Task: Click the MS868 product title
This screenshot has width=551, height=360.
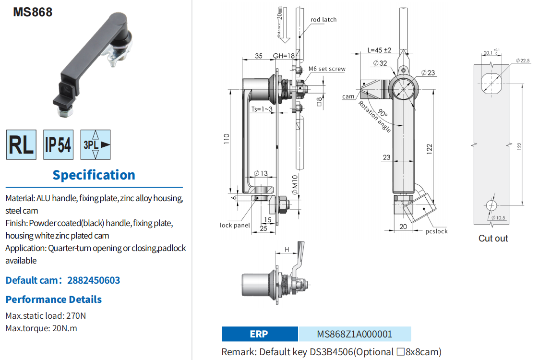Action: [33, 12]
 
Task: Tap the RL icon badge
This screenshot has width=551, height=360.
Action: [21, 144]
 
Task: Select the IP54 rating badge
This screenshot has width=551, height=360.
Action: [58, 144]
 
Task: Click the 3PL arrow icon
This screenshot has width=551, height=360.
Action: [96, 144]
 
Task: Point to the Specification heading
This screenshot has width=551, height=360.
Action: [94, 175]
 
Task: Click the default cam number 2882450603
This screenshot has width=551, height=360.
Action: [94, 280]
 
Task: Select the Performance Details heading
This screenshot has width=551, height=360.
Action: [54, 300]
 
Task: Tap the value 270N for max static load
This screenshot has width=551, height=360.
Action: [77, 316]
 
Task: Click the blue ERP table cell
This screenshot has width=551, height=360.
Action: [260, 334]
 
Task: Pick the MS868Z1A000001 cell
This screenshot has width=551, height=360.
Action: [355, 334]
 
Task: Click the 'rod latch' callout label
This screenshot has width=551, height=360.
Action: [323, 20]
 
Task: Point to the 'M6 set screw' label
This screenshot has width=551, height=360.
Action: [327, 69]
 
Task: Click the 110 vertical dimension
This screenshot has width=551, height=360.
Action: [227, 139]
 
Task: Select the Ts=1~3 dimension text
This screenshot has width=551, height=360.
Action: [262, 109]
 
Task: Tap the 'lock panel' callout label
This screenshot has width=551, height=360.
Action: [235, 225]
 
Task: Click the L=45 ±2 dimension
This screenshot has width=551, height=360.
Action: [380, 50]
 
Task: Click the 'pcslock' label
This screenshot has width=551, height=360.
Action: [436, 231]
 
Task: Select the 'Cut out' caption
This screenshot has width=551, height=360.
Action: [493, 238]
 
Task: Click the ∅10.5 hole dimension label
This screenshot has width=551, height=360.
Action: [498, 218]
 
